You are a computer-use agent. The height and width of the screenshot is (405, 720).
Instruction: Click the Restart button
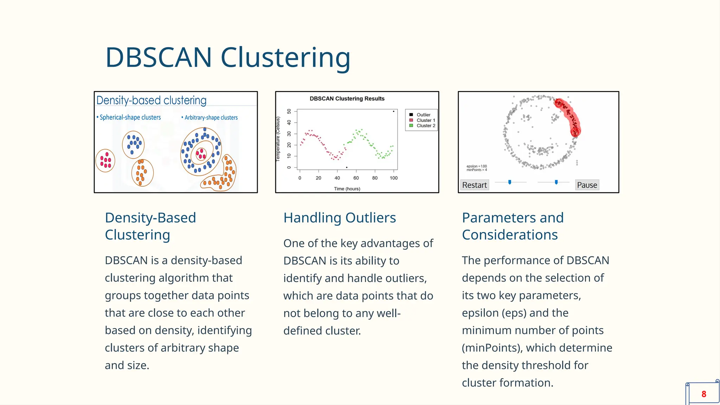click(474, 185)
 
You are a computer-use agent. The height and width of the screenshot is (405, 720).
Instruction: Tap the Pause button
click(587, 185)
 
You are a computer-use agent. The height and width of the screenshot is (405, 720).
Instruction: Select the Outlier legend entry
click(423, 115)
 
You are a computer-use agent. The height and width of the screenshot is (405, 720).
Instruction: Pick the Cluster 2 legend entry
click(426, 126)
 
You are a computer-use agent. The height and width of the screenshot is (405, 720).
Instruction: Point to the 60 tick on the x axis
click(356, 178)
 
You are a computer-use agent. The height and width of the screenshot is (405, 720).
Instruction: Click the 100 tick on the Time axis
click(393, 178)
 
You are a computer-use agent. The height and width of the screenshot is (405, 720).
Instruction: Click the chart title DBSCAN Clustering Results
click(347, 99)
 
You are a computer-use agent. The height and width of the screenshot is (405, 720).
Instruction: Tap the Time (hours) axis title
click(347, 189)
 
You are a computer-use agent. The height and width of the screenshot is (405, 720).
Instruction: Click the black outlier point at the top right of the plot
click(393, 111)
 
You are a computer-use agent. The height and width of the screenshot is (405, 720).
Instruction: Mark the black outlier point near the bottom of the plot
click(347, 167)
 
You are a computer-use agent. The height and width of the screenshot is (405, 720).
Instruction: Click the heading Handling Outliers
click(340, 218)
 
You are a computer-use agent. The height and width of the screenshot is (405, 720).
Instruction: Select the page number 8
click(703, 394)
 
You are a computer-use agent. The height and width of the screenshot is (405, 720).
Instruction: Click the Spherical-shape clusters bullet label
click(130, 117)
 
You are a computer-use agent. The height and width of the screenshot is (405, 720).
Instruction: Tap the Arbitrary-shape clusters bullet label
click(211, 118)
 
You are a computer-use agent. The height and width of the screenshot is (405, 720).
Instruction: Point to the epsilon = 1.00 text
click(477, 166)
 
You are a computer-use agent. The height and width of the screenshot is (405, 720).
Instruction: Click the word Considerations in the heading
click(510, 235)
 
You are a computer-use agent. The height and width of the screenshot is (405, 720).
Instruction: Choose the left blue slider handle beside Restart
click(510, 182)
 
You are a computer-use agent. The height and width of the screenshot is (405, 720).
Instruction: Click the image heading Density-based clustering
click(151, 101)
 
